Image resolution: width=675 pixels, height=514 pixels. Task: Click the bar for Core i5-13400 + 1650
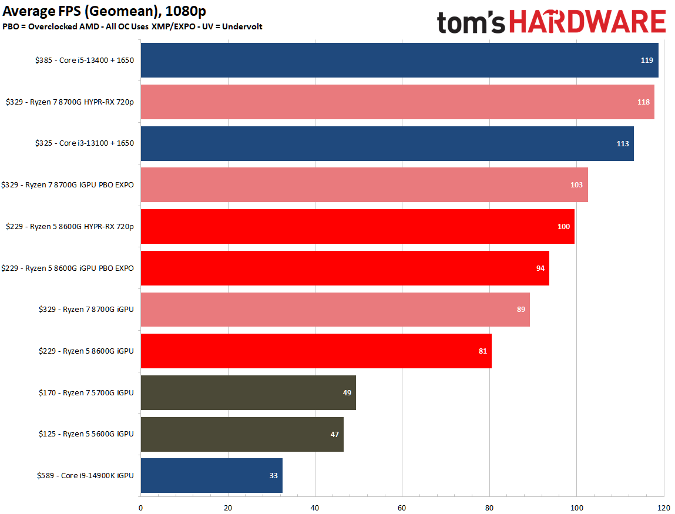(399, 60)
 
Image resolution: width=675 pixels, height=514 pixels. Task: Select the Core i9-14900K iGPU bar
(211, 475)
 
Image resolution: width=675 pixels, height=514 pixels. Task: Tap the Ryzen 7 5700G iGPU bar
(248, 392)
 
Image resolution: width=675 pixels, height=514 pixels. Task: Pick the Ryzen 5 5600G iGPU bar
(242, 434)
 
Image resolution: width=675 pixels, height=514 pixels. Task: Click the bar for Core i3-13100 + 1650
(387, 143)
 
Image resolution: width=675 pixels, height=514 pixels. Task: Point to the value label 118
(643, 102)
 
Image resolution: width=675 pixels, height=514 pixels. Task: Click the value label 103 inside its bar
(576, 185)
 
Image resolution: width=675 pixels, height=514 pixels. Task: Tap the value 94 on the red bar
(540, 268)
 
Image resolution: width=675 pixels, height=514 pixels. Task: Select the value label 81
(482, 351)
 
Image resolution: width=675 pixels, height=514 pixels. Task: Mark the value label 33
(274, 476)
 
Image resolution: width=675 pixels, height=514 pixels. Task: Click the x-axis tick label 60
(402, 508)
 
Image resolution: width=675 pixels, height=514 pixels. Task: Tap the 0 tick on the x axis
(140, 508)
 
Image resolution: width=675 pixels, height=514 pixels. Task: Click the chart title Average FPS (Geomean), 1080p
(105, 11)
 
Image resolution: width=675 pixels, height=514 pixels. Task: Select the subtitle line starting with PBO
(132, 26)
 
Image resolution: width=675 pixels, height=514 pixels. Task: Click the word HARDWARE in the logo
(587, 22)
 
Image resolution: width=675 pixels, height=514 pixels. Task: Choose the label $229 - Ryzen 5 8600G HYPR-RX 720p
(69, 227)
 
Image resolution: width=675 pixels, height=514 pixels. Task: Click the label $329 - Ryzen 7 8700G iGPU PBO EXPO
(68, 185)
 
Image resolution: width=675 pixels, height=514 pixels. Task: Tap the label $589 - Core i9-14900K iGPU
(85, 476)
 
